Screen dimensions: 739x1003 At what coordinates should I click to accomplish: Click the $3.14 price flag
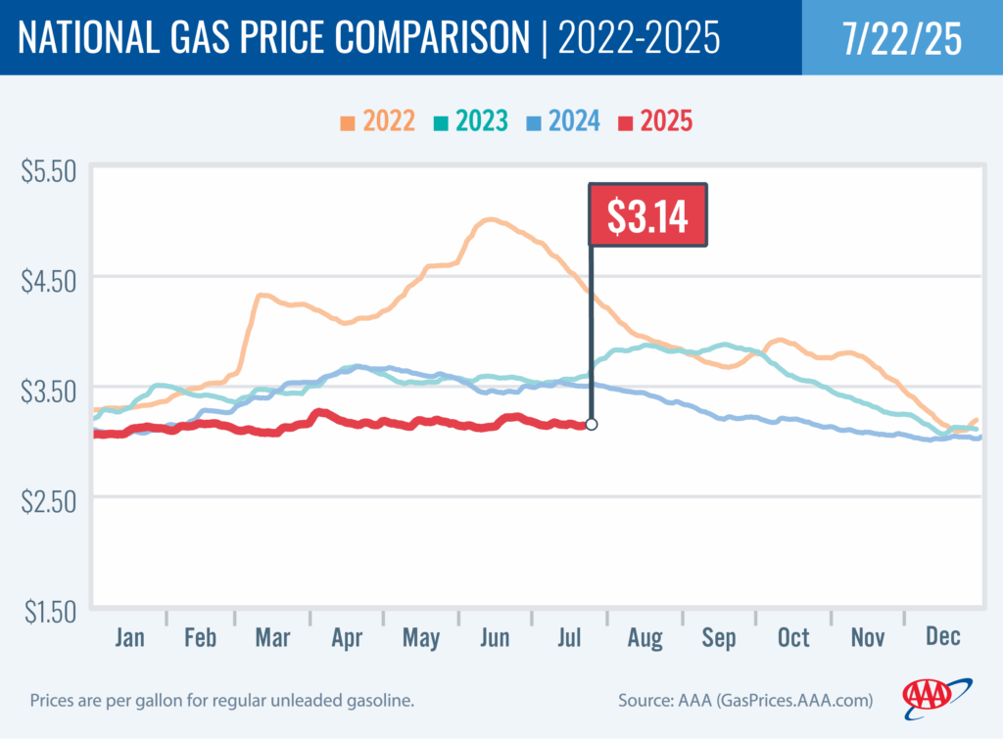click(x=646, y=215)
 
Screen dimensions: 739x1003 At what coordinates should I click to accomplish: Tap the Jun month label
click(x=495, y=638)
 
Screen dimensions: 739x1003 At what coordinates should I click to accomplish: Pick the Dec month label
click(x=942, y=638)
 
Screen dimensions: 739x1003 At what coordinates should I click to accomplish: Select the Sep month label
click(x=718, y=638)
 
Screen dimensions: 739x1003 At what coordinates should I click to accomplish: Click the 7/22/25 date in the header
click(x=901, y=38)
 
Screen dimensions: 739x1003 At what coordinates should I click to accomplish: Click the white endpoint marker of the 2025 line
click(x=591, y=425)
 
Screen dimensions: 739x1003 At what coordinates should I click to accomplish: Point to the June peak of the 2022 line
click(x=490, y=220)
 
